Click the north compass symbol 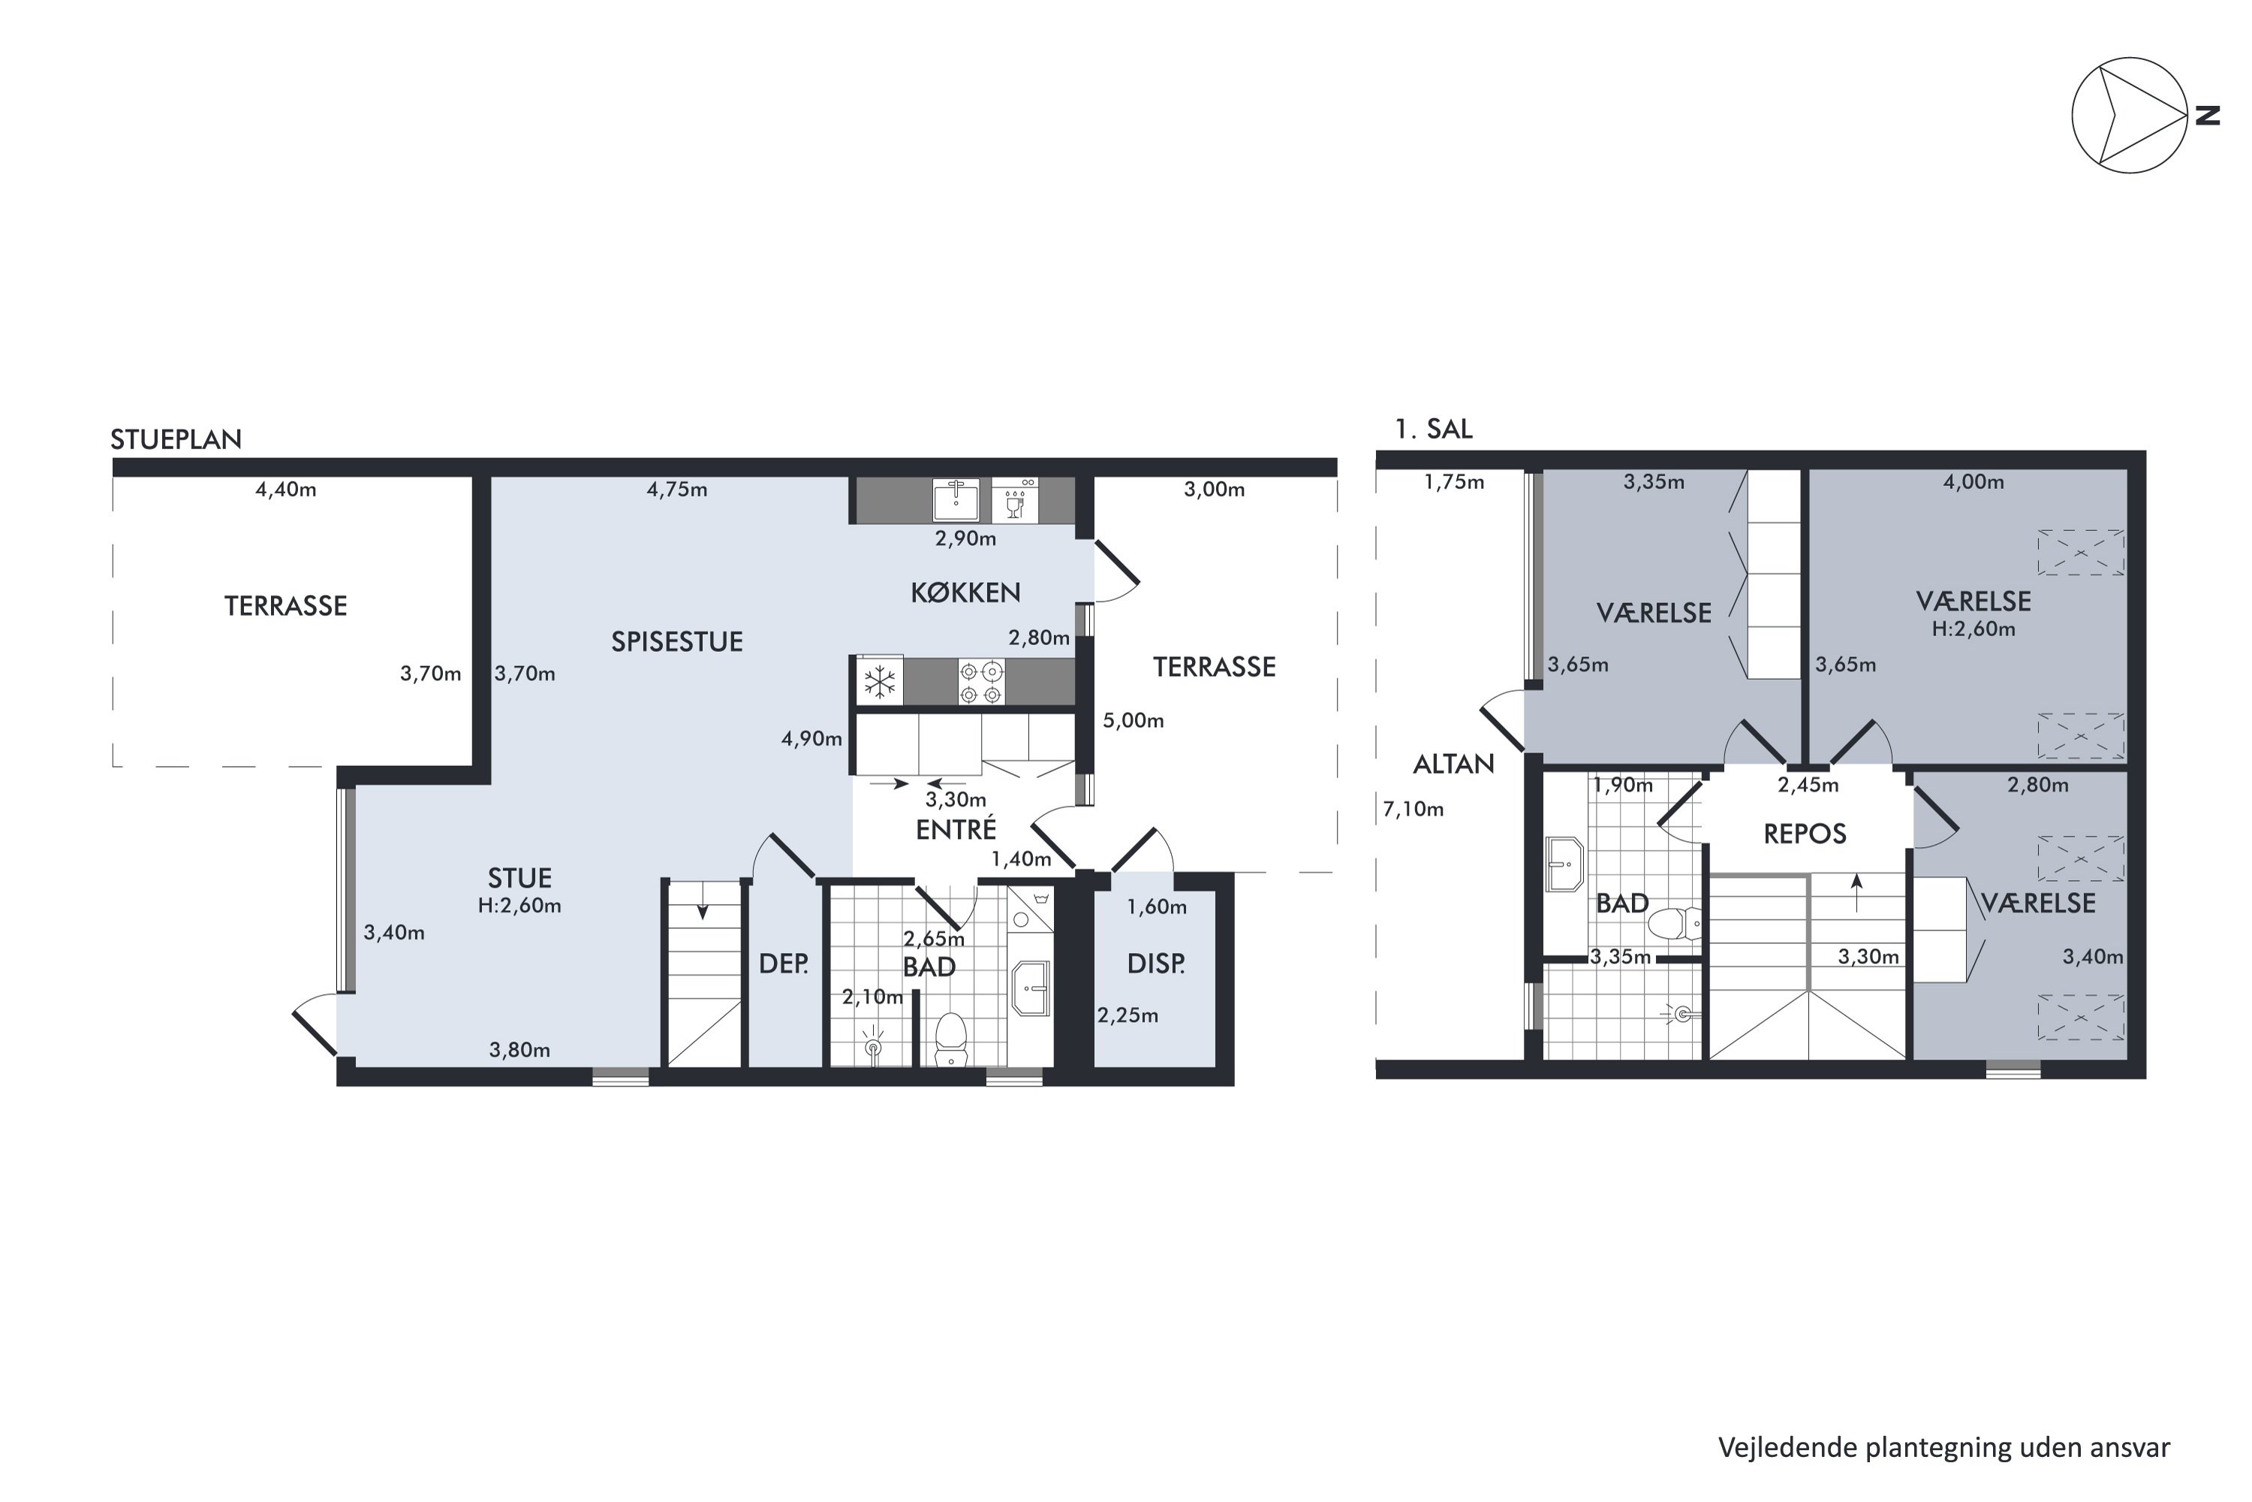(2130, 115)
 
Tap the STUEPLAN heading (176, 439)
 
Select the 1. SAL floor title (1433, 428)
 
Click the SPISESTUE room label (677, 642)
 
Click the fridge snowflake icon (880, 683)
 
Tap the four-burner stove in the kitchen (981, 682)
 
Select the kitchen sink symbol (956, 500)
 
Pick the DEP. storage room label (783, 964)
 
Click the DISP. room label (1156, 964)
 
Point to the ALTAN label (1453, 765)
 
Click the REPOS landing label (1805, 834)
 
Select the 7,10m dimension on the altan (1414, 810)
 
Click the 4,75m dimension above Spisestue (677, 490)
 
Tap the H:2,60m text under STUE (520, 905)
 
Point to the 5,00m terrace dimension (1134, 720)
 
